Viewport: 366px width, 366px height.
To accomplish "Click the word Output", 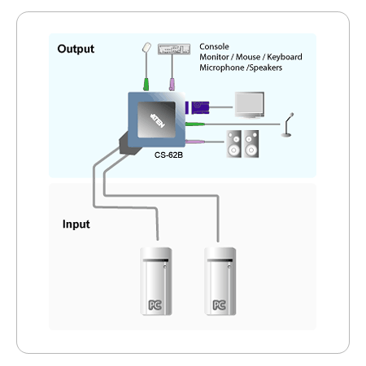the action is [x=76, y=49].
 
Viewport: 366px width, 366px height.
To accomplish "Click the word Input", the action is [x=76, y=224].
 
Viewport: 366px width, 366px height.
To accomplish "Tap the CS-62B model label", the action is [x=168, y=155].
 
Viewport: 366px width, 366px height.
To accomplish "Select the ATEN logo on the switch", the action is [x=158, y=120].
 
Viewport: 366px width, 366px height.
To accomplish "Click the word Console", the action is [x=214, y=46].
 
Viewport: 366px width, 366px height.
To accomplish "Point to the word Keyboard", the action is [x=285, y=57].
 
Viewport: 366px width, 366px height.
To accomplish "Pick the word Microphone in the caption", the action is [x=222, y=68].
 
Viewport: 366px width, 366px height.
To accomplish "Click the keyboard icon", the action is [x=174, y=49].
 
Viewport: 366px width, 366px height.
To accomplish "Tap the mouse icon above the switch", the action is [x=146, y=47].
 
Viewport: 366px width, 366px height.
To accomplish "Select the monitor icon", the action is [x=250, y=105].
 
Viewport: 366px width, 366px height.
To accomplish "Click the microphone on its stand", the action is [x=287, y=124].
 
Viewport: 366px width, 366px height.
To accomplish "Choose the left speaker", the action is [x=234, y=144].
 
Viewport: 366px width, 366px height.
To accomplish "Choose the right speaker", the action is [x=251, y=144].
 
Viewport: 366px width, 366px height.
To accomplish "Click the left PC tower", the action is [x=156, y=281].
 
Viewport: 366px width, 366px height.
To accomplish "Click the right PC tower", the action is [x=220, y=281].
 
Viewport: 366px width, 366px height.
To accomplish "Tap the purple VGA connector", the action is [x=198, y=107].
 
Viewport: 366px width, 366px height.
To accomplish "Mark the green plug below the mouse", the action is [x=146, y=85].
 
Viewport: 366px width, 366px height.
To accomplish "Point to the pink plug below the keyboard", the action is [x=172, y=85].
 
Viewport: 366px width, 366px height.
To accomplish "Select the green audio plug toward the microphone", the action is [x=195, y=124].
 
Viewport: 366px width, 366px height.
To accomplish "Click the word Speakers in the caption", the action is [x=266, y=68].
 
